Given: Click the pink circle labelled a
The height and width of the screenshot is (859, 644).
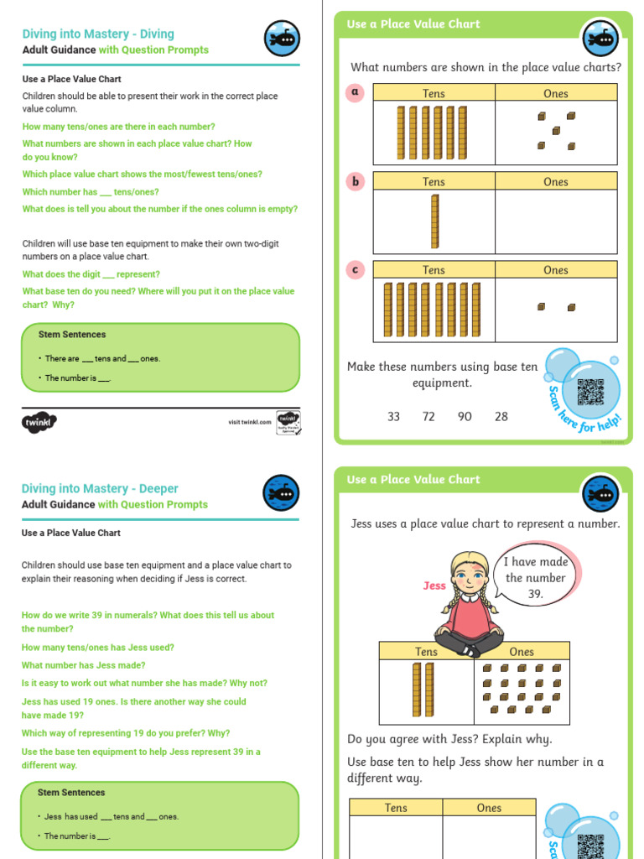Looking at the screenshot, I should coord(356,92).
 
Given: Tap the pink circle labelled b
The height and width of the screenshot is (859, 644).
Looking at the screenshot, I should coord(356,181).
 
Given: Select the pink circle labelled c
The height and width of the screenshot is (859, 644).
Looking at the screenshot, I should coord(356,269).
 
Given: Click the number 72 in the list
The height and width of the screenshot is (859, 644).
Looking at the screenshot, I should coord(428,417).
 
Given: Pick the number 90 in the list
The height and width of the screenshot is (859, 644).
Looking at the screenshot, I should coord(465,417).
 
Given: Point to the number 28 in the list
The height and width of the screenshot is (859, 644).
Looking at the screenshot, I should coord(501,417).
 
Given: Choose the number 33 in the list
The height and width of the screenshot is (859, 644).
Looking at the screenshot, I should coord(393,417).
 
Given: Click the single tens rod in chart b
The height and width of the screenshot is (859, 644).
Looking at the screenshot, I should coord(434,221).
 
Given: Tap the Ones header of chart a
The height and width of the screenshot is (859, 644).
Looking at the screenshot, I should coord(556,94).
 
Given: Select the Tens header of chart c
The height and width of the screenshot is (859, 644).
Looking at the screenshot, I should coord(434,270).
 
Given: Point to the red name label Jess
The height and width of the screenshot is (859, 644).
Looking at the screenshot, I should coord(434,586).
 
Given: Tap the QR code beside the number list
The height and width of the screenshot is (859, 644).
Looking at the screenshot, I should coord(590,392).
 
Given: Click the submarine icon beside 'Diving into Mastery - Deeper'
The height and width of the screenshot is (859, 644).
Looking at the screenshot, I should coord(281,493).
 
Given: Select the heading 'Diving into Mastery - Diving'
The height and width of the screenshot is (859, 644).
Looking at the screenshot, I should coord(98,34).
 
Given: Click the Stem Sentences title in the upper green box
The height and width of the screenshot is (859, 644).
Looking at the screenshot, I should coord(72,335).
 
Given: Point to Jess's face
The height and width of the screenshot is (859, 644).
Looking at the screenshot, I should coord(469,576).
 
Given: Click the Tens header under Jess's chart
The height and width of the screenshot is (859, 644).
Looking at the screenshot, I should coord(426,652).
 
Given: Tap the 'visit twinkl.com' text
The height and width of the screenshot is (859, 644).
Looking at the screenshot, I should coord(250,422).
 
